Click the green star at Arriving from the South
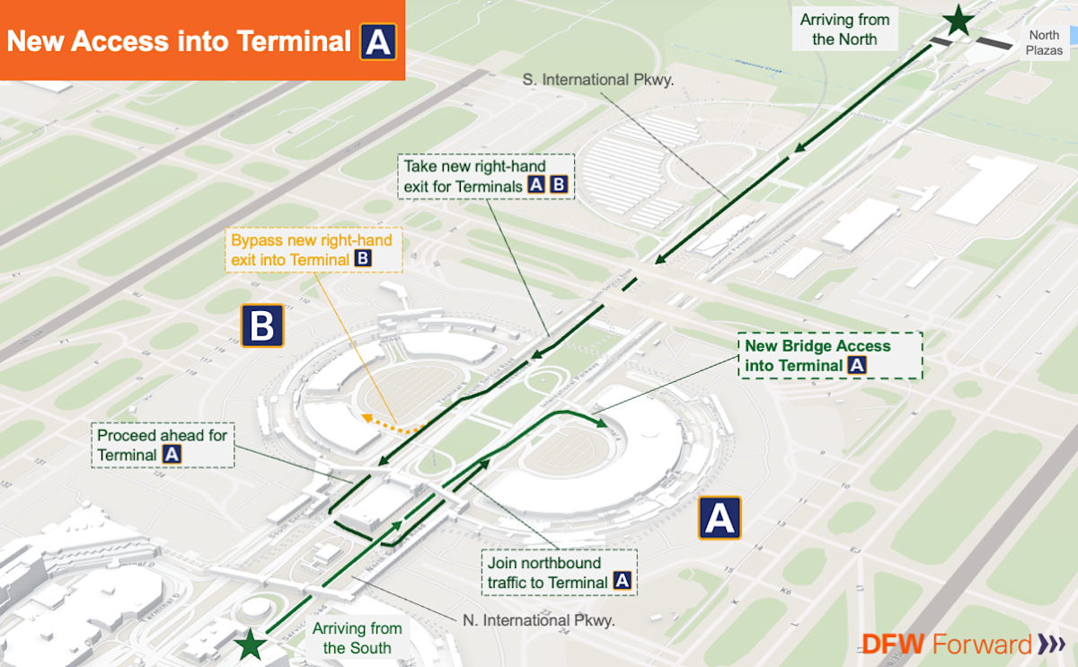point(252,645)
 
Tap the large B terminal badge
point(261,325)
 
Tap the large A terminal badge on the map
point(720,518)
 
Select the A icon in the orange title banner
point(378,41)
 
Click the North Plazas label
point(1044,43)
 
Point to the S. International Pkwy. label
point(598,80)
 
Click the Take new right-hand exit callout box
point(485,176)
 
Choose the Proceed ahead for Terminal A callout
point(162,445)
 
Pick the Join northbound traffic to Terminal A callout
point(558,573)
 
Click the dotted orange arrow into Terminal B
point(392,425)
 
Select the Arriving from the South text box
point(357,637)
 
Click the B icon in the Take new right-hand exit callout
point(558,186)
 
